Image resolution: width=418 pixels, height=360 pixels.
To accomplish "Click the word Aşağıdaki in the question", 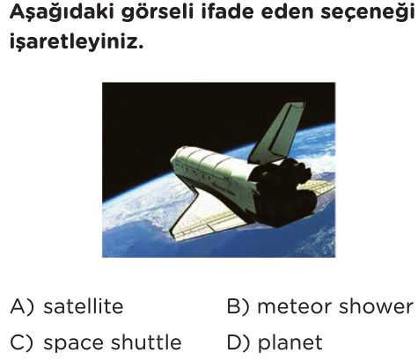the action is pyautogui.click(x=62, y=13).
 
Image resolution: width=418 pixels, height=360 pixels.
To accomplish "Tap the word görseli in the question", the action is pyautogui.click(x=158, y=14).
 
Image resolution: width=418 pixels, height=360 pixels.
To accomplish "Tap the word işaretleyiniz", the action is pyautogui.click(x=77, y=40).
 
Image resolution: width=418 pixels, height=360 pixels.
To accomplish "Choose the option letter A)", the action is pyautogui.click(x=22, y=307).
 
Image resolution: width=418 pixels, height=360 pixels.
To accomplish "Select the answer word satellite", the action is pyautogui.click(x=84, y=306).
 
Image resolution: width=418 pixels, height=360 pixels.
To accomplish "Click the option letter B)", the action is pyautogui.click(x=238, y=307).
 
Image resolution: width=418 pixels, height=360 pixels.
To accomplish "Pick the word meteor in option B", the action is pyautogui.click(x=295, y=307).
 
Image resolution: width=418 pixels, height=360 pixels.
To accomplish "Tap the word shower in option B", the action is pyautogui.click(x=376, y=306).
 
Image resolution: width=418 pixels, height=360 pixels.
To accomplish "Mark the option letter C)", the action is pyautogui.click(x=22, y=342).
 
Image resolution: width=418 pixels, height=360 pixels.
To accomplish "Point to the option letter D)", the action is pyautogui.click(x=238, y=342).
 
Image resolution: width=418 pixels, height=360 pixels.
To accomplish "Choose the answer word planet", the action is pyautogui.click(x=290, y=343).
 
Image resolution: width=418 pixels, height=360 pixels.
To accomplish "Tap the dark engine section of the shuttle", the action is pyautogui.click(x=283, y=192).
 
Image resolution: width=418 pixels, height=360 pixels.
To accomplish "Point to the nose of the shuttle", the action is pyautogui.click(x=176, y=160).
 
